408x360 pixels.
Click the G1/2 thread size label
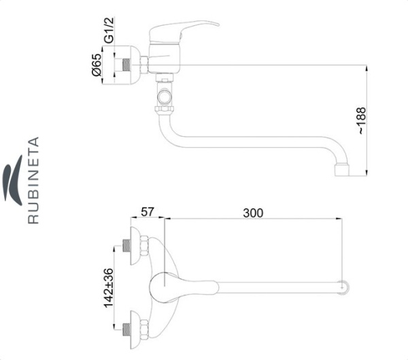109,30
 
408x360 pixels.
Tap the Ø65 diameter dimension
97,65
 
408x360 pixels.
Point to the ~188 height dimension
362,120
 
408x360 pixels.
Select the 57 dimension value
148,212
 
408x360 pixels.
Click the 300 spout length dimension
253,213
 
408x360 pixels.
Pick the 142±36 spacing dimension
109,288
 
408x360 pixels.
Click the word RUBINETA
33,180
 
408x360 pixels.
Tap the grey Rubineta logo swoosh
13,180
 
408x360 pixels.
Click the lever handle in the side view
184,31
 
